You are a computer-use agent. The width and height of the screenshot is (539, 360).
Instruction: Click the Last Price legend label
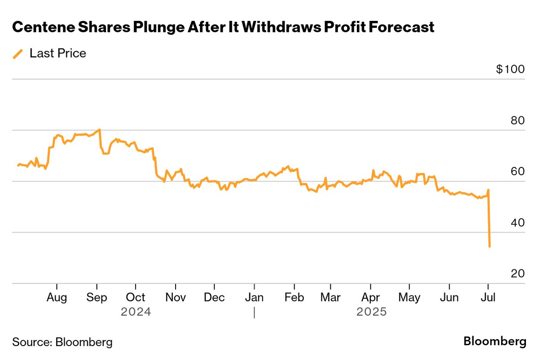coord(58,53)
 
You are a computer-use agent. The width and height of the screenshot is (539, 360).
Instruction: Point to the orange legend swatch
coord(18,54)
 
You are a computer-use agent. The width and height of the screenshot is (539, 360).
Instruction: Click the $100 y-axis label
coord(510,69)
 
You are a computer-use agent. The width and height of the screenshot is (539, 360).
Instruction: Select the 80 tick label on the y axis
coord(518,121)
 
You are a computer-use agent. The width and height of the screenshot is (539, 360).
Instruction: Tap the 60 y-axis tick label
coord(518,172)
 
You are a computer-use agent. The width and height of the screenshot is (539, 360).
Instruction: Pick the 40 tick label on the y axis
coord(518,223)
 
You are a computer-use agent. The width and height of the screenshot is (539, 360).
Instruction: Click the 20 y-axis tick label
coord(518,274)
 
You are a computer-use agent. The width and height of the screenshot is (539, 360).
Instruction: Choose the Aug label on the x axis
coord(57,297)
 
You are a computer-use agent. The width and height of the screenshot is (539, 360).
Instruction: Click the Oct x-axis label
coord(136,297)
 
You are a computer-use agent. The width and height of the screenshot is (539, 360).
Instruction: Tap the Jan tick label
coord(254,297)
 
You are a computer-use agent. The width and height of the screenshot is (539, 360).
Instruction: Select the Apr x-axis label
coord(370,297)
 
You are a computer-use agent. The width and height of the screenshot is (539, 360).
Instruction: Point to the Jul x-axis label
coord(488,297)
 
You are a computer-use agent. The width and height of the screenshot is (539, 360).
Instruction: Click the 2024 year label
coord(136,312)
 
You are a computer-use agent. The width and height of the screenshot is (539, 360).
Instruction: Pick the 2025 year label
coord(371,312)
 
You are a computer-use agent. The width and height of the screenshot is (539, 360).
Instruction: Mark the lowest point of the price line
coord(490,247)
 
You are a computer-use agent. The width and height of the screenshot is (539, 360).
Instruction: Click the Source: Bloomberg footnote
coord(62,342)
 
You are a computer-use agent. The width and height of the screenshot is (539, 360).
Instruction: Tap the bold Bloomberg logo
coord(495,341)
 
